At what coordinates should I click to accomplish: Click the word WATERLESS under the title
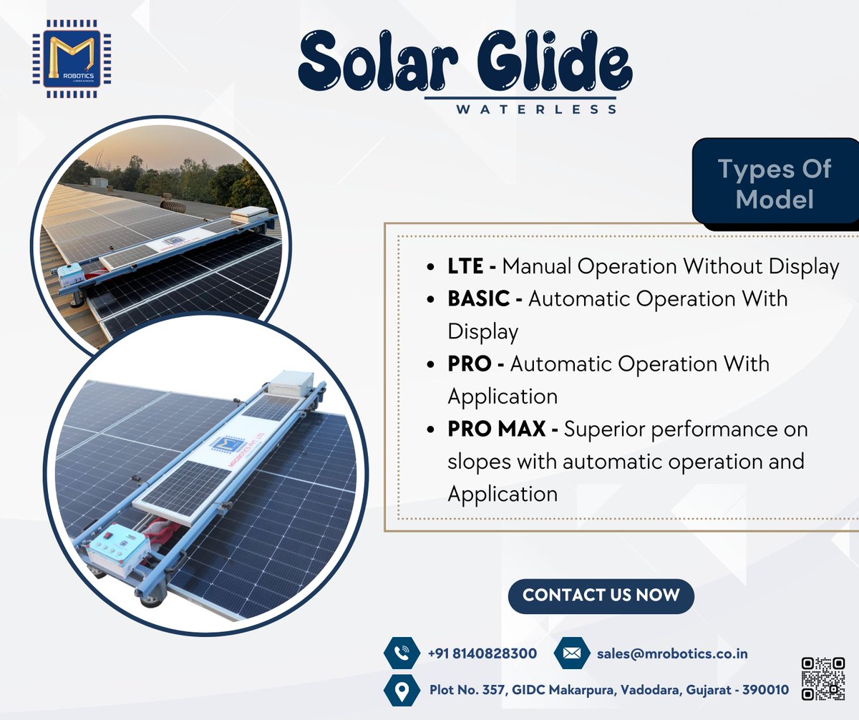(x=536, y=110)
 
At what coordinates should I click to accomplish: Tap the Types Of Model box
(x=775, y=183)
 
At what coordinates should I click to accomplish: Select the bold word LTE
(x=465, y=266)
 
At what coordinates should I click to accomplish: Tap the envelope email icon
(x=571, y=653)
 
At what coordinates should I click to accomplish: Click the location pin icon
(x=402, y=691)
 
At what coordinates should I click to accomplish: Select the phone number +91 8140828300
(x=482, y=653)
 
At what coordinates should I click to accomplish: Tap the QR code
(x=823, y=678)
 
